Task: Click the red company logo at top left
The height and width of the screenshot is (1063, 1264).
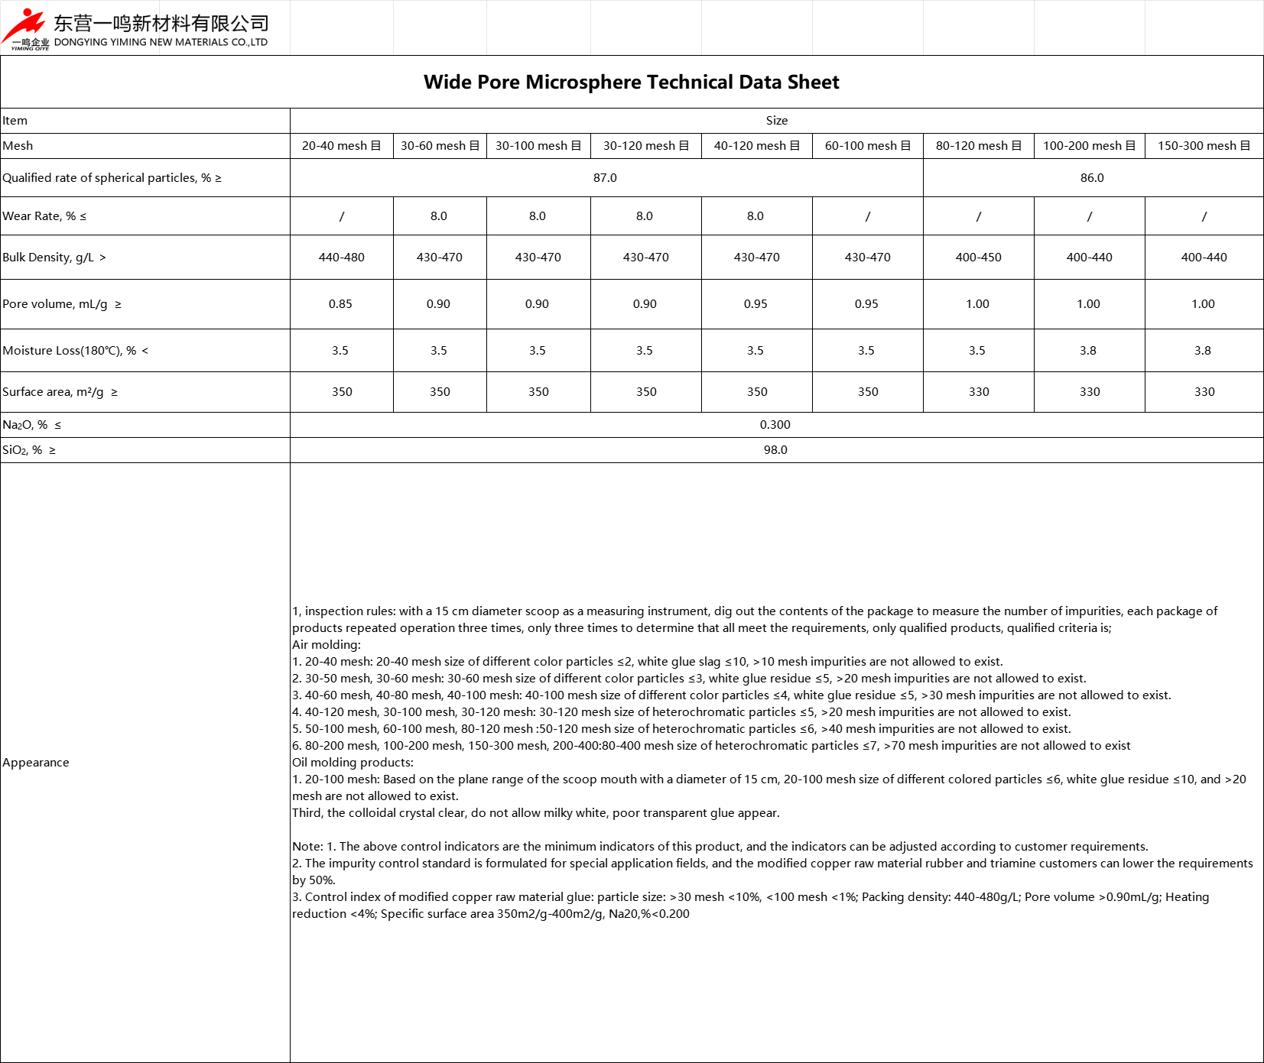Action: tap(24, 28)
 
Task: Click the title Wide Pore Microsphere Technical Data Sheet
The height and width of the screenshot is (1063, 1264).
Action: tap(631, 82)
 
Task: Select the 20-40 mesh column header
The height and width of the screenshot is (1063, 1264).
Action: tap(341, 146)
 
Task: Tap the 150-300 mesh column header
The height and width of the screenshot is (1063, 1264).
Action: tap(1204, 146)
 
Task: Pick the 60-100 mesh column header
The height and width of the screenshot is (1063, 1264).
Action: tap(867, 146)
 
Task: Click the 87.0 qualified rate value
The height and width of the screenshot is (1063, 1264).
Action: tap(605, 178)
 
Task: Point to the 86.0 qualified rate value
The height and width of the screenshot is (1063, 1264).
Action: tap(1092, 178)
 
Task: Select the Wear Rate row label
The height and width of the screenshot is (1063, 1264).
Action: tap(44, 216)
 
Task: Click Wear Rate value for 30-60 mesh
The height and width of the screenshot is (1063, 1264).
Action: tap(439, 216)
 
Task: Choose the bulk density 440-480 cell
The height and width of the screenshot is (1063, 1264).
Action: tap(341, 258)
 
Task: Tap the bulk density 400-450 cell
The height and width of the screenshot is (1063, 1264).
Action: tap(978, 258)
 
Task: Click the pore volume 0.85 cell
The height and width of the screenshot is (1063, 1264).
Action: tap(340, 304)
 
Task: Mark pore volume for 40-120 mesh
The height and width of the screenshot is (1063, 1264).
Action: tap(755, 304)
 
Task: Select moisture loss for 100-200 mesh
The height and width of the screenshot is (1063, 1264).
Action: tap(1088, 351)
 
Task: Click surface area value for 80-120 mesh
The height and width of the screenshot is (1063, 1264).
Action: tap(979, 392)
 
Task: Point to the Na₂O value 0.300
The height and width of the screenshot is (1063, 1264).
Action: tap(775, 425)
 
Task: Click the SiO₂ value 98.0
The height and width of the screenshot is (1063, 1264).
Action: tap(775, 450)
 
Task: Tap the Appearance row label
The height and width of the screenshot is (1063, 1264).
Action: tap(36, 763)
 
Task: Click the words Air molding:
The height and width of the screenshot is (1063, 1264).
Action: tap(327, 645)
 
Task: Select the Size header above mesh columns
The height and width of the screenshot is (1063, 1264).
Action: tap(776, 121)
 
